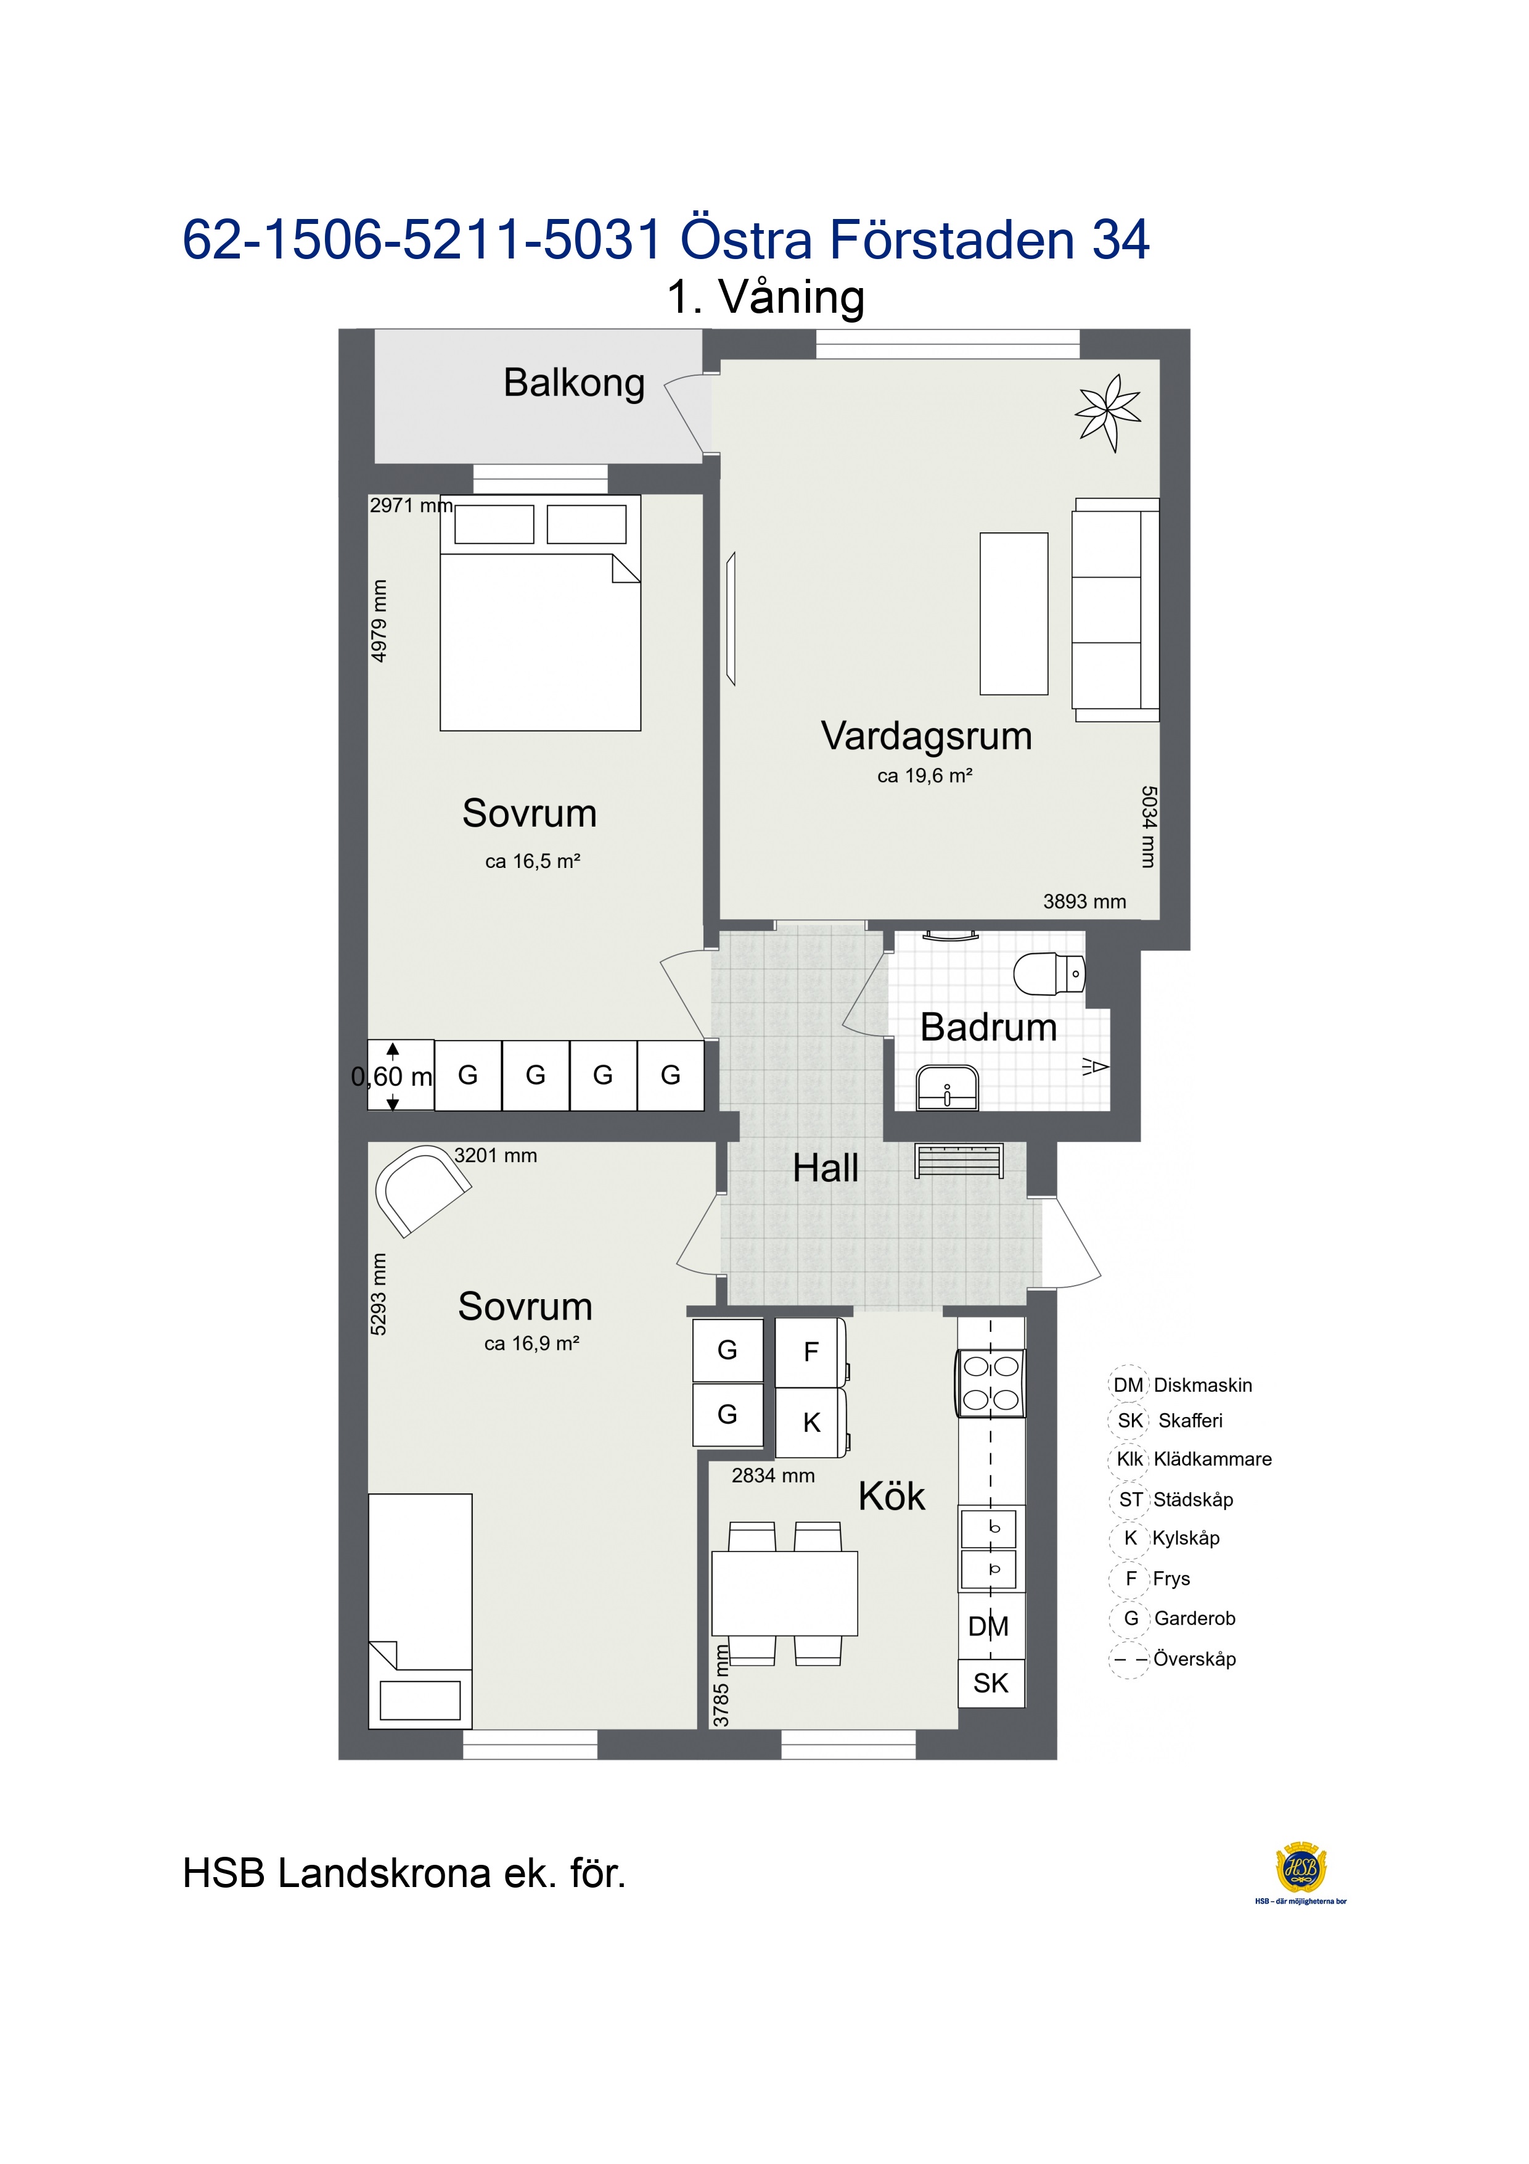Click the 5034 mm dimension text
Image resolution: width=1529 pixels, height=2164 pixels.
pos(1147,827)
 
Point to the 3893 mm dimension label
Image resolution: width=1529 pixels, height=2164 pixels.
pos(1084,902)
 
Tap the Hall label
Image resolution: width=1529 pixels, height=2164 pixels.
pos(826,1169)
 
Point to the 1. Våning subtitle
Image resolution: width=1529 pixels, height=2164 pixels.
pos(766,298)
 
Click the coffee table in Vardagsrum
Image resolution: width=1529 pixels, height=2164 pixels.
pos(1014,614)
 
